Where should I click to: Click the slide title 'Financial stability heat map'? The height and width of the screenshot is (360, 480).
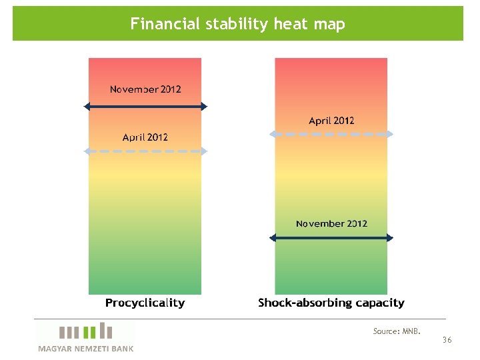tap(237, 25)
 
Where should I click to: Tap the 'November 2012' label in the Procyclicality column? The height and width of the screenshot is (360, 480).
tap(145, 89)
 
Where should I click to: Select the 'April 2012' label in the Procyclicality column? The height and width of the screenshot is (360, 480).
tap(145, 137)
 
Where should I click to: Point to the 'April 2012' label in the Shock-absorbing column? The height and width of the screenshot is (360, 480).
tap(331, 121)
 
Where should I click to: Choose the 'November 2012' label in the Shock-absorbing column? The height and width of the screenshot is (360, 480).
tap(331, 224)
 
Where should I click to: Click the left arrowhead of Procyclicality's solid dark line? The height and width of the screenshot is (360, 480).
tap(87, 106)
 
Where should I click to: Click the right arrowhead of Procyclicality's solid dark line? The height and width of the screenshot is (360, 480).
tap(204, 106)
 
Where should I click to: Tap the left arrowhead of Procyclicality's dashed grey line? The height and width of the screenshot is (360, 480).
tap(87, 151)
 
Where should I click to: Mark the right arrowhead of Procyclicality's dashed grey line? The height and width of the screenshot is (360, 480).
tap(204, 151)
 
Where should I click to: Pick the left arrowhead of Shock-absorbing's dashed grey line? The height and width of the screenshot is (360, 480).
tap(273, 134)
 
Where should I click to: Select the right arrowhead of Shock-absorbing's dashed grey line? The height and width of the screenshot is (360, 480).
tap(390, 134)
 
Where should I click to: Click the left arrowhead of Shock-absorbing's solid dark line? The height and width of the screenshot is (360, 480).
tap(273, 237)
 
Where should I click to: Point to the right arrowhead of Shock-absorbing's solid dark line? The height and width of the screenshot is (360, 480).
tap(390, 237)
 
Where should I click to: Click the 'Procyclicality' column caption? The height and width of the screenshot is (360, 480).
tap(145, 303)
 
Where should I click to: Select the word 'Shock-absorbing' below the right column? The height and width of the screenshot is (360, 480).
tap(304, 303)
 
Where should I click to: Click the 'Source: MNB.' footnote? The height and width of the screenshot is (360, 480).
tap(397, 331)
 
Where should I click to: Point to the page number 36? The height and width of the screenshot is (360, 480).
tap(447, 341)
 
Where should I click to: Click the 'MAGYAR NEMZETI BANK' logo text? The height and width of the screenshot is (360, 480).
tap(85, 349)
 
